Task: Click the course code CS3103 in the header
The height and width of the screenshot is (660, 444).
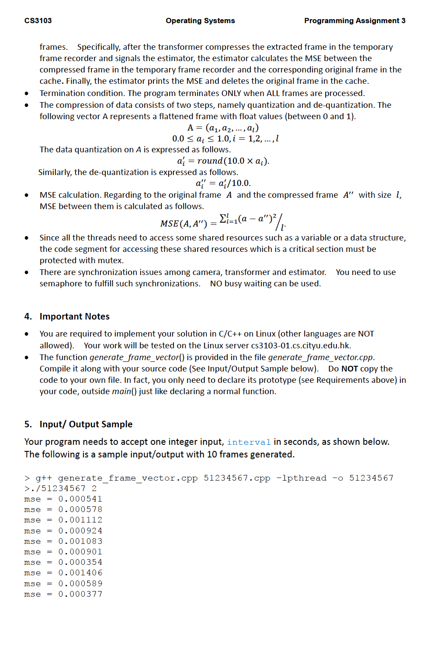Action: point(38,21)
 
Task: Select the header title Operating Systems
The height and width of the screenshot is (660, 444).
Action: point(200,21)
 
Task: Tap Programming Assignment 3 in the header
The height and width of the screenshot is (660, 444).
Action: point(354,21)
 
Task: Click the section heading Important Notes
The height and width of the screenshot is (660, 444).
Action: point(74,316)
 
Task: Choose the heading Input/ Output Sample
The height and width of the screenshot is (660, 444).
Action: point(86,424)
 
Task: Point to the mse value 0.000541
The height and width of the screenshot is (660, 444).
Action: point(80,499)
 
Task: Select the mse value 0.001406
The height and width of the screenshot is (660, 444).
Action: point(80,573)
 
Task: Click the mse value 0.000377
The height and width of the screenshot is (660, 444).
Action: point(80,594)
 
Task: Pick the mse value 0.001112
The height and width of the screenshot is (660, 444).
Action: point(80,520)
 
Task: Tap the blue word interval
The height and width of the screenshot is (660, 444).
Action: point(249,442)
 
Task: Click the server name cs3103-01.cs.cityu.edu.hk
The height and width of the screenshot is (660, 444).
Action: point(301,345)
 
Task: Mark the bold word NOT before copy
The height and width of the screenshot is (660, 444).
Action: point(350,368)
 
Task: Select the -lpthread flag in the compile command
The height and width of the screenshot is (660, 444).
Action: point(301,478)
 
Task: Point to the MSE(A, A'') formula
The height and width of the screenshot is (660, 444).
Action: point(223,222)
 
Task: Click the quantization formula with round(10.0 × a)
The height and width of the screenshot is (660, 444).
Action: point(223,161)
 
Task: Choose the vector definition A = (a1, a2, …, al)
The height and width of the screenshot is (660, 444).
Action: point(223,128)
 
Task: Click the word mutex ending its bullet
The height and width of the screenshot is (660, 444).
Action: point(111,261)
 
